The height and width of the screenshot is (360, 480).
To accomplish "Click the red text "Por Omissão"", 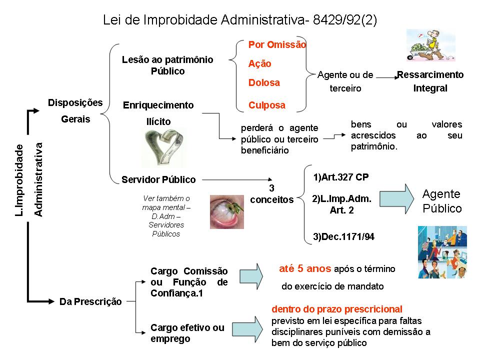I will point(277,44).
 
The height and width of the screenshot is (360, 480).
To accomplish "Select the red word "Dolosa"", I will point(264,83).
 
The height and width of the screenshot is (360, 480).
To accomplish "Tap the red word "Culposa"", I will point(267,105).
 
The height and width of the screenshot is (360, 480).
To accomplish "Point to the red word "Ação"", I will point(260,64).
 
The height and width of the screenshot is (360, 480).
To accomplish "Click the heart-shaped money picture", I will point(161,146).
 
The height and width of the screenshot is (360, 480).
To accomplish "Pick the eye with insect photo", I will point(222,211).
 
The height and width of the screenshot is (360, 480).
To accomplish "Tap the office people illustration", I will point(442,252).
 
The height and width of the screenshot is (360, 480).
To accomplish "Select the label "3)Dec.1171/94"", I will point(344,236).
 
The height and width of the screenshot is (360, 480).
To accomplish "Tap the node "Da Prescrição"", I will point(90,301).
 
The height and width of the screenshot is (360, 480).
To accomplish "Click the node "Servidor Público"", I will point(158,179).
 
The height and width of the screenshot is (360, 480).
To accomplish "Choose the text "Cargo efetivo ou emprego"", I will point(187,333).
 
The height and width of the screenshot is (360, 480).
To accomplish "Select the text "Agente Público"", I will point(442,201).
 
